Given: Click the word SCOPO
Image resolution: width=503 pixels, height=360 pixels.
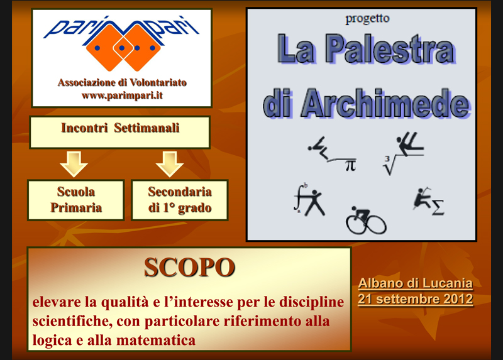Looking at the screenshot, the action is tap(189, 267).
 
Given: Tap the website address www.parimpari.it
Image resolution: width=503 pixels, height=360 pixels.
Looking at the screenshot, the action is tap(122, 95).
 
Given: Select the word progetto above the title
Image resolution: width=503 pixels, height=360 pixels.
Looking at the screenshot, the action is tap(367, 19).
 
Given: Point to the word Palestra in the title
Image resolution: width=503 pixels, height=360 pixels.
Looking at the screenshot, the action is tap(390, 49).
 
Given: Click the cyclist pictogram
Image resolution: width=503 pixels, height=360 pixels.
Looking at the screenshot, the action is tap(366, 221).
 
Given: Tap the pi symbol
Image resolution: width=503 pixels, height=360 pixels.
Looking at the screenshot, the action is tap(350, 165).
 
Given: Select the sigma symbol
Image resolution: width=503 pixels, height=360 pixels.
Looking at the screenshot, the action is tap(438, 207).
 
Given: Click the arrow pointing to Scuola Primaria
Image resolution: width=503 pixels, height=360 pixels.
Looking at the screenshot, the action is tap(74, 164).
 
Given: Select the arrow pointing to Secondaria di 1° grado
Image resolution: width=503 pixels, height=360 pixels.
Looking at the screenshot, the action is tap(170, 164).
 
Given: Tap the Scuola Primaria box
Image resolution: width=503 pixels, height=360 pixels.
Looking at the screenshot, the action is tap(76, 200).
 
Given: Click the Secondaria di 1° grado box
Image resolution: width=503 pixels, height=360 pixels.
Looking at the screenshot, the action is tap(180, 200).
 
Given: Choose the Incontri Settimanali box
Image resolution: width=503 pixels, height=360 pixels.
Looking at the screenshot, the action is tap(120, 132).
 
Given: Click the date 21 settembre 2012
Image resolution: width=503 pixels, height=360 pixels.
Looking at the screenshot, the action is tap(416, 299).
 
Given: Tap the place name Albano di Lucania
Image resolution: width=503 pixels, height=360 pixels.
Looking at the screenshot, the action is tap(416, 283).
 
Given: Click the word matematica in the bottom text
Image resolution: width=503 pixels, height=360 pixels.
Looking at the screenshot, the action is tap(156, 340).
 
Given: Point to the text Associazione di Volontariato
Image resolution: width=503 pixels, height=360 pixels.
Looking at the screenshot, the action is tap(122, 82).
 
